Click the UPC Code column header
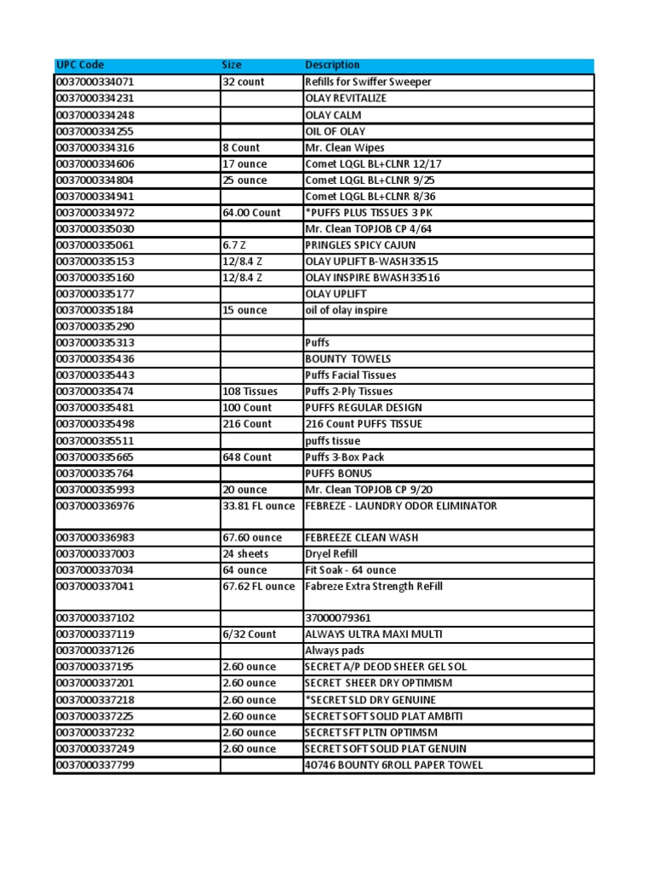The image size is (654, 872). [81, 66]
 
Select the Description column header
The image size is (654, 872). [332, 66]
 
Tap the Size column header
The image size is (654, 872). [232, 66]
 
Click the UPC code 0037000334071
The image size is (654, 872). [95, 82]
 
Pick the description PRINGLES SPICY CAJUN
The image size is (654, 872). [360, 245]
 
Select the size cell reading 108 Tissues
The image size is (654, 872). [249, 392]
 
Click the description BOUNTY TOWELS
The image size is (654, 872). [347, 359]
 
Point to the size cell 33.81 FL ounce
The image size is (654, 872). [259, 506]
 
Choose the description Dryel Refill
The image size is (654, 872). [335, 554]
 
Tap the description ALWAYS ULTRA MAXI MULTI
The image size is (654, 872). [373, 634]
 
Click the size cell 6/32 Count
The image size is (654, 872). [250, 634]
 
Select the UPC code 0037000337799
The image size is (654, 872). [95, 765]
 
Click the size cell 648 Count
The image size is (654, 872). [247, 457]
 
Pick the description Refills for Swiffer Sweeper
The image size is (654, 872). [368, 82]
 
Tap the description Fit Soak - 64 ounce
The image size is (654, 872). [350, 571]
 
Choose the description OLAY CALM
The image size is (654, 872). [333, 115]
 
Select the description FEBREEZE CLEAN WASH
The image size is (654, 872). [362, 538]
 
